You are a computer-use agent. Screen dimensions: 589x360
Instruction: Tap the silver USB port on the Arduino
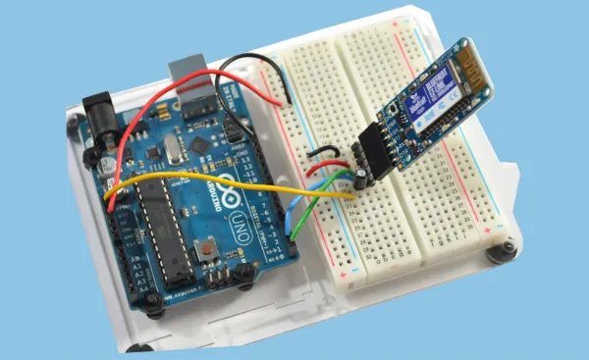tap(193, 78)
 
